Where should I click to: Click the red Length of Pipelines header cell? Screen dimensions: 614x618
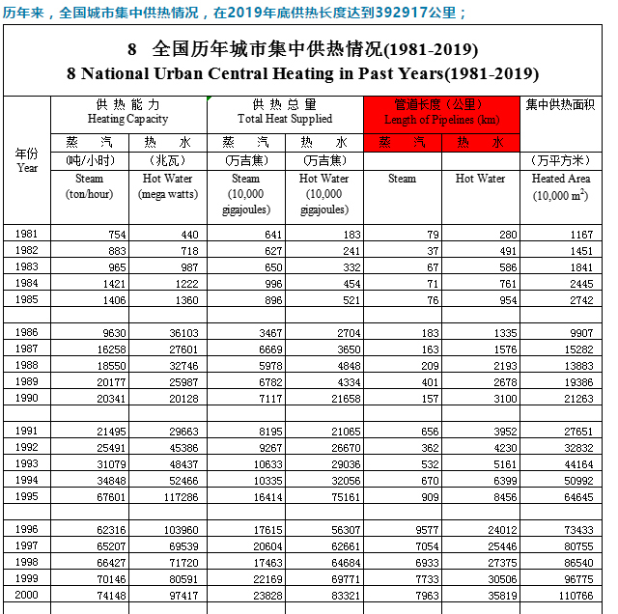point(441,112)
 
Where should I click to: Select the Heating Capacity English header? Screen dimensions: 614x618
point(127,119)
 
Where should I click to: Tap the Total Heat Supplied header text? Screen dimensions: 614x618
point(285,119)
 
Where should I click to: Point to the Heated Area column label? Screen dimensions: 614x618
point(561,179)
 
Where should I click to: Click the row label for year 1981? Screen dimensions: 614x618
point(27,234)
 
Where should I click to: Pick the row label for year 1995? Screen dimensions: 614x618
point(27,496)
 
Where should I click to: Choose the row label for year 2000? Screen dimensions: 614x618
point(27,595)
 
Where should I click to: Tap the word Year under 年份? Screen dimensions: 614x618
point(27,167)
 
